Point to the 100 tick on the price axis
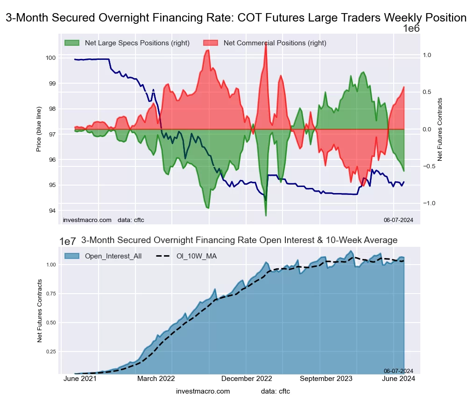tap(50, 58)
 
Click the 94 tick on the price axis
tap(52, 210)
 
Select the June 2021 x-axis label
tap(80, 379)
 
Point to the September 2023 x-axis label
tap(326, 379)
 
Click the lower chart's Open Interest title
tap(239, 240)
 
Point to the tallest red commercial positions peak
tap(266, 43)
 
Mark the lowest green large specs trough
tap(266, 215)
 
